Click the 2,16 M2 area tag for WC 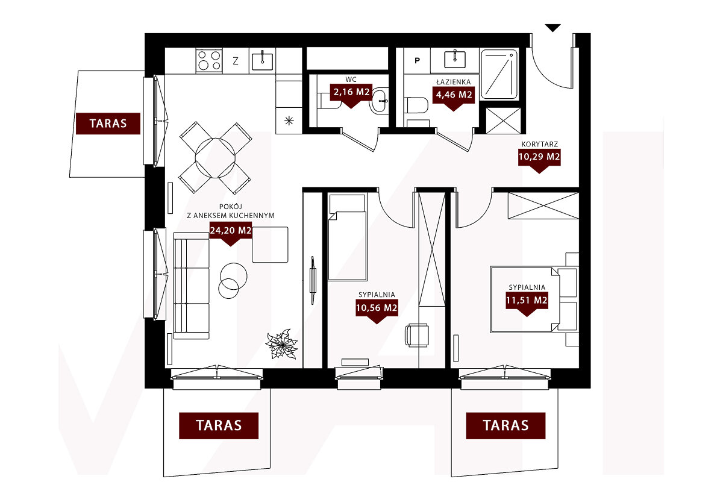pos(351,92)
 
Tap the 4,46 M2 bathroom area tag pos(454,95)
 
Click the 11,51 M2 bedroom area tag pos(527,301)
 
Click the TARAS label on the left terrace pos(108,124)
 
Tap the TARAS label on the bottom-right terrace pos(505,425)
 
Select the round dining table pos(215,158)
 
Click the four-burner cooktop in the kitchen pos(209,60)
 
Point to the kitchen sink pos(262,60)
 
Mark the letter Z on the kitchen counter pos(236,61)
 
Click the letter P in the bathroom pos(418,60)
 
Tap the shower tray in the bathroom pos(499,74)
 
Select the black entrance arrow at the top pos(553,28)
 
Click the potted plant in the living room pos(281,344)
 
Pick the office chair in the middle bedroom pos(417,335)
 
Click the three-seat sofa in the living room pos(192,286)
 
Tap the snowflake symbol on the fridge pos(289,121)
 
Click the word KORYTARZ pos(540,145)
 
